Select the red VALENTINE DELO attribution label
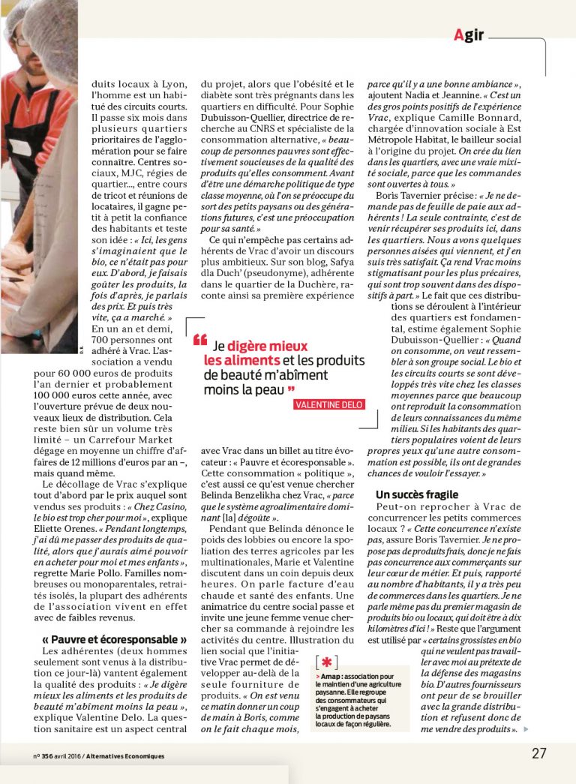329,404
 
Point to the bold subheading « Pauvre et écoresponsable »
115,639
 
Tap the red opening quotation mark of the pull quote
199,341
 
